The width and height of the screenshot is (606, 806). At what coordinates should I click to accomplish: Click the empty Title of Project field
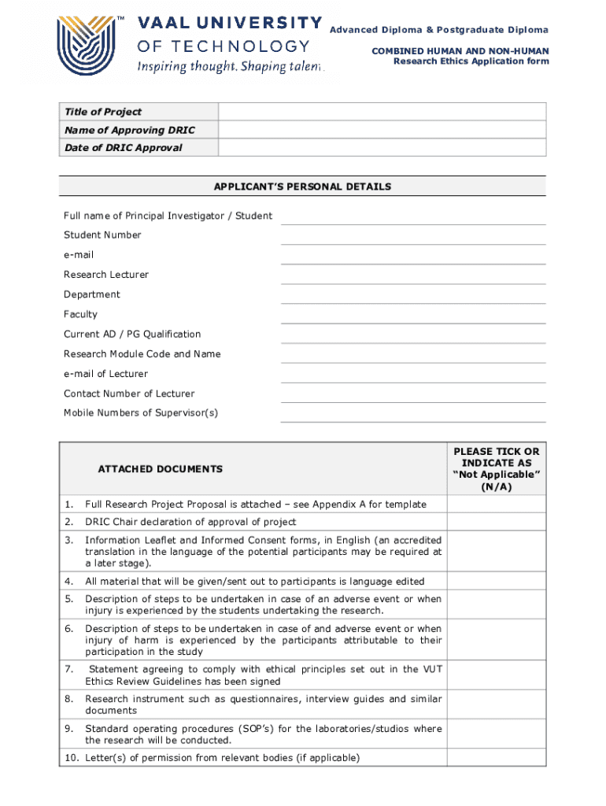[382, 112]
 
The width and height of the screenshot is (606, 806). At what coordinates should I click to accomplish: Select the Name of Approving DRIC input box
[382, 130]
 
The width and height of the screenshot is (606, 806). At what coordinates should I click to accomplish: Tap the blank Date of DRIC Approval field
[382, 148]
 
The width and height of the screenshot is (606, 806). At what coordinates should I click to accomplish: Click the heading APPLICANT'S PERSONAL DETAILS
[302, 187]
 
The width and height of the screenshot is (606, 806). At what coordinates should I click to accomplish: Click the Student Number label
[102, 235]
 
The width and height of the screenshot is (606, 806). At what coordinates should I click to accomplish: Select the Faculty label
[80, 314]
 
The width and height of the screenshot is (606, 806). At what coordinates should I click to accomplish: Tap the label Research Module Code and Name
[142, 353]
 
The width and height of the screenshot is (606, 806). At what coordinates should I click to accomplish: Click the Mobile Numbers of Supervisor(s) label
[140, 413]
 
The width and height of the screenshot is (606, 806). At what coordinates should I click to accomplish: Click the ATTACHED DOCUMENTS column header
[160, 469]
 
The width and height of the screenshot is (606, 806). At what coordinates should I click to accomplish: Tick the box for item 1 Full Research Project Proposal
[496, 504]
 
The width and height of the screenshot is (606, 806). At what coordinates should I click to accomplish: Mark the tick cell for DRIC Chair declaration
[496, 522]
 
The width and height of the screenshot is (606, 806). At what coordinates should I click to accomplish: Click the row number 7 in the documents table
[69, 669]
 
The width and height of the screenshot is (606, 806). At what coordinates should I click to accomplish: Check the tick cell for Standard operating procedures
[496, 734]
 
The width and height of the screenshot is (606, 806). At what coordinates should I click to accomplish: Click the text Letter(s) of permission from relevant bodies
[222, 758]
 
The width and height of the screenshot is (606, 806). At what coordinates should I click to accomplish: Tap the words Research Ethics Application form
[471, 61]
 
